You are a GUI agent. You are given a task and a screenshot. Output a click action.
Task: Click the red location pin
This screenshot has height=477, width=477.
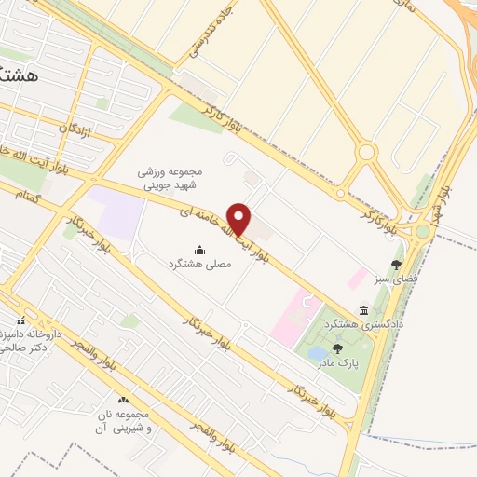(239, 218)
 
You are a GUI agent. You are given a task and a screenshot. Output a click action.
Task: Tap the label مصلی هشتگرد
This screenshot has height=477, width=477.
(198, 265)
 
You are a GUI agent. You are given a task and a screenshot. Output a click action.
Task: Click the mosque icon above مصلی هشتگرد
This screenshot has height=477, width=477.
(198, 250)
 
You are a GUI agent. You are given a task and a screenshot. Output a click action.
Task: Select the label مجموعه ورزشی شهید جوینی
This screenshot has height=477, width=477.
(170, 179)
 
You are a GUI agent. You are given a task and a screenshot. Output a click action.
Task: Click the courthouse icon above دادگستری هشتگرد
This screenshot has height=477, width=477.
(362, 309)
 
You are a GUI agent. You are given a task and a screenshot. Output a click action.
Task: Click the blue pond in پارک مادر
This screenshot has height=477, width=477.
(319, 353)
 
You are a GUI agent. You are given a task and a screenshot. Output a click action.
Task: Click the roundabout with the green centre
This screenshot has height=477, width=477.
(422, 231)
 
